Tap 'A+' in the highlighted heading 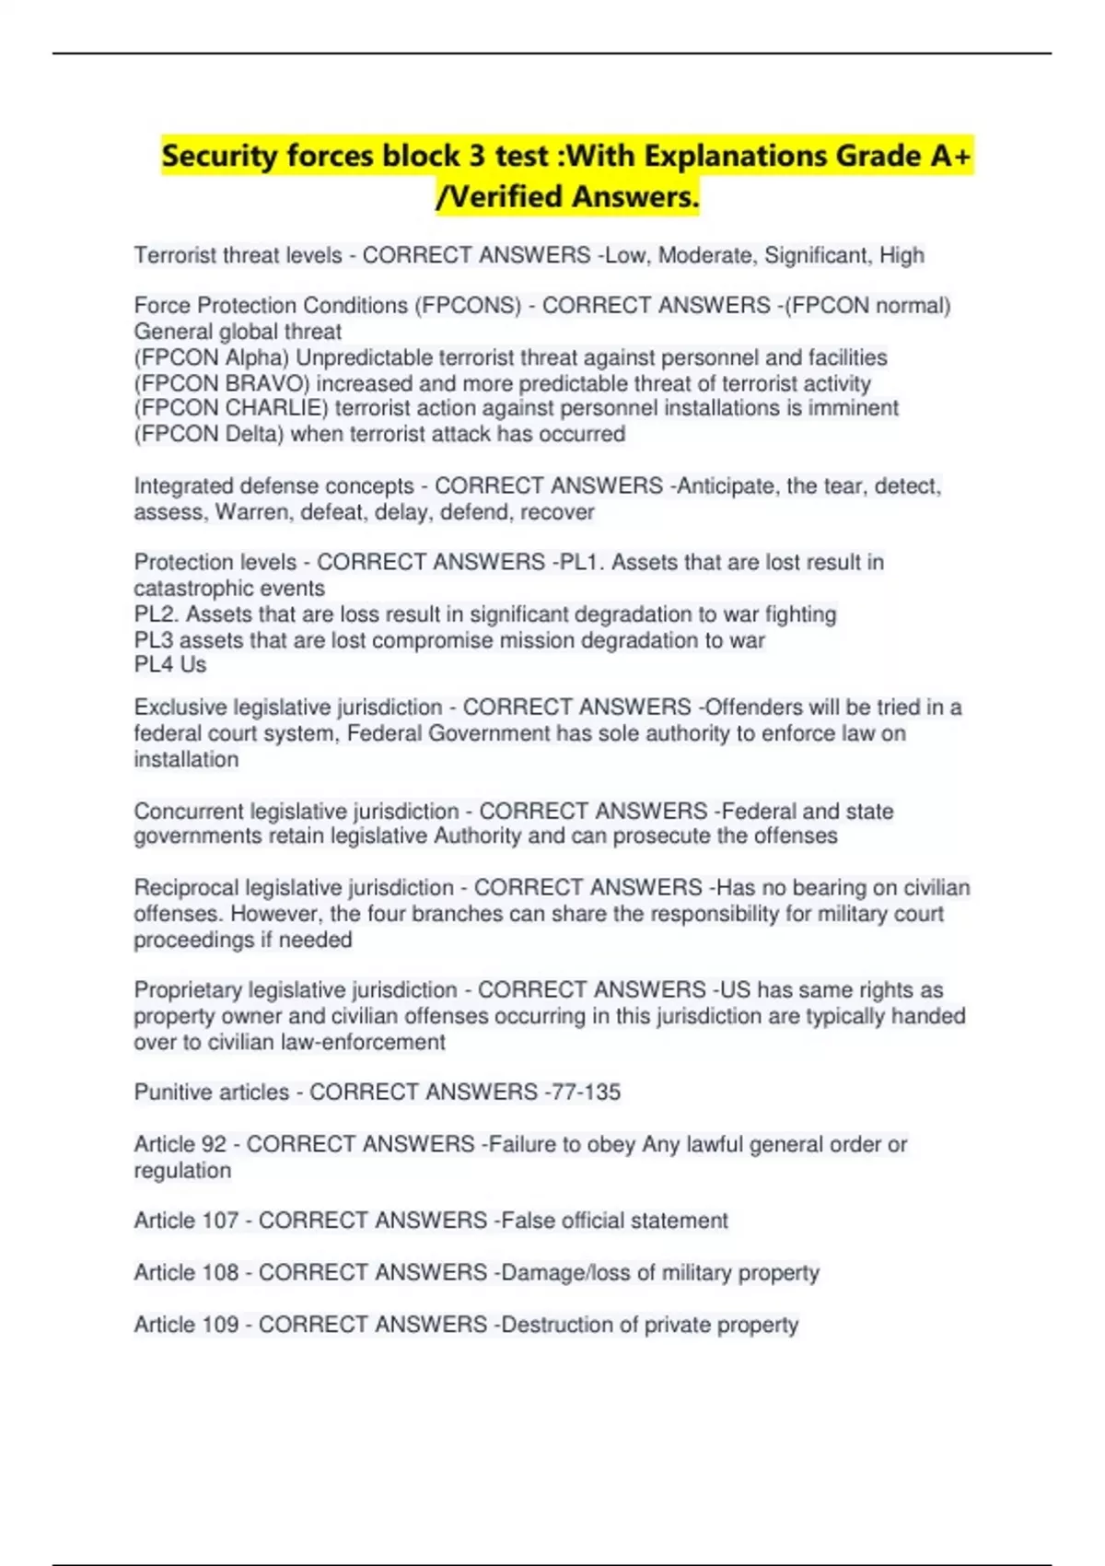[x=950, y=157]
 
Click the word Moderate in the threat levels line [x=704, y=255]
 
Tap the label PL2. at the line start [x=156, y=614]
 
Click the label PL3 [x=153, y=640]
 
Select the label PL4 [x=153, y=665]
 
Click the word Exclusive [x=180, y=707]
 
